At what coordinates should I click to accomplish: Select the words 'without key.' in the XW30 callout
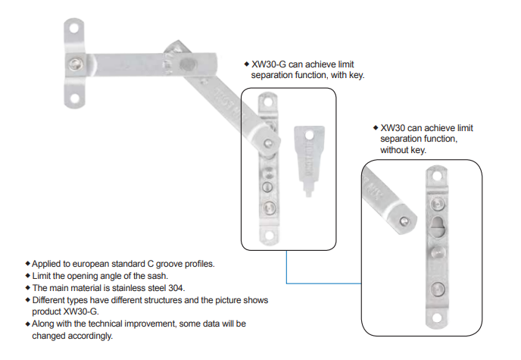click(x=403, y=150)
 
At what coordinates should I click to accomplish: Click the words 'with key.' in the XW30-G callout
click(x=345, y=76)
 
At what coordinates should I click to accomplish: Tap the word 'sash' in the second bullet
click(x=157, y=276)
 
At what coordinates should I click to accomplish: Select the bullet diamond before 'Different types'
click(x=28, y=300)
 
